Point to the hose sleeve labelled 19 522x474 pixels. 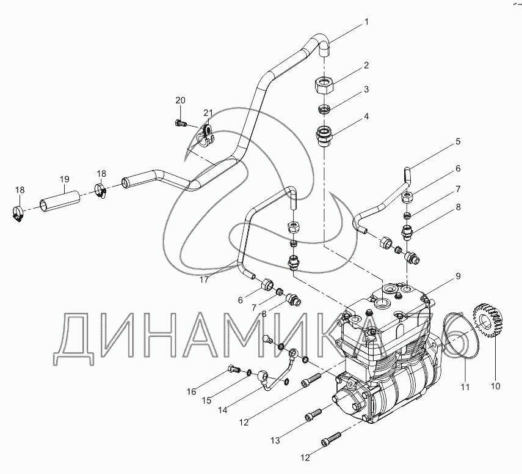pyautogui.click(x=60, y=201)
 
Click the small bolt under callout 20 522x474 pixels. pyautogui.click(x=179, y=123)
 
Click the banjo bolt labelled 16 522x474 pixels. pyautogui.click(x=234, y=369)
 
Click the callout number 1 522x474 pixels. pyautogui.click(x=366, y=22)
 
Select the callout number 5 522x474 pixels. pyautogui.click(x=458, y=141)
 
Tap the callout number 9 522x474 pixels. pyautogui.click(x=458, y=276)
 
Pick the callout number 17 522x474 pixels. pyautogui.click(x=204, y=280)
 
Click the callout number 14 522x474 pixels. pyautogui.click(x=223, y=410)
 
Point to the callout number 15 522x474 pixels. pyautogui.click(x=207, y=400)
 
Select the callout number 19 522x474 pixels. pyautogui.click(x=65, y=179)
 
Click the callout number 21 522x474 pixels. pyautogui.click(x=208, y=113)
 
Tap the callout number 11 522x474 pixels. pyautogui.click(x=465, y=387)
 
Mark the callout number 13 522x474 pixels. pyautogui.click(x=275, y=440)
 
